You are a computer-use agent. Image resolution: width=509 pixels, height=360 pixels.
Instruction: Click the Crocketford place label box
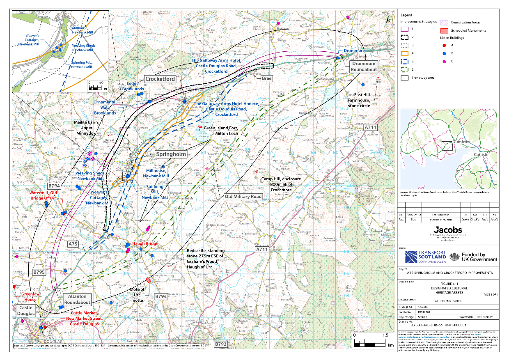pos(160,79)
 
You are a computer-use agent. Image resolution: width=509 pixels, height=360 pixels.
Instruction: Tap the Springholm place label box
pos(171,154)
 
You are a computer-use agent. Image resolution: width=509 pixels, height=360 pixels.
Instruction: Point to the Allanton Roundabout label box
pos(77,299)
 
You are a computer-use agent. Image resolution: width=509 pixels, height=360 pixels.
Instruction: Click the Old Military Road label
pos(243,197)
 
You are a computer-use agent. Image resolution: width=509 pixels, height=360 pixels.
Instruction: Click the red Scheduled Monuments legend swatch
pos(445,30)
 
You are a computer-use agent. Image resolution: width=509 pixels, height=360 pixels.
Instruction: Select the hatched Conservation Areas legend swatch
pos(445,23)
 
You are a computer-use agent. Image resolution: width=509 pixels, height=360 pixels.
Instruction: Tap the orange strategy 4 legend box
pos(404,53)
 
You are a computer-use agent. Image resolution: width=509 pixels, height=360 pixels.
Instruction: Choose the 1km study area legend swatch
pos(404,77)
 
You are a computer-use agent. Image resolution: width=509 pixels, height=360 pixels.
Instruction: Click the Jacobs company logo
pos(448,230)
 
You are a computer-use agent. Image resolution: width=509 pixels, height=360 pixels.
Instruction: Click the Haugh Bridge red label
pos(145,243)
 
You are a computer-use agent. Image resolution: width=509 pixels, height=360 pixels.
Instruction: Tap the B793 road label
pos(220,344)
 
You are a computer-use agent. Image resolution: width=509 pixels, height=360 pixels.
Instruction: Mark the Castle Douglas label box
pos(25,310)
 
